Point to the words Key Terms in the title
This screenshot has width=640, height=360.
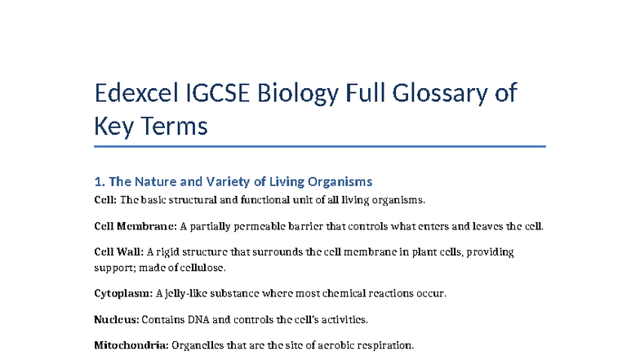[x=151, y=127]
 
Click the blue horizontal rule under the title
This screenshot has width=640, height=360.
[x=319, y=147]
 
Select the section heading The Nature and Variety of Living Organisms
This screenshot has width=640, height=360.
[x=240, y=181]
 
